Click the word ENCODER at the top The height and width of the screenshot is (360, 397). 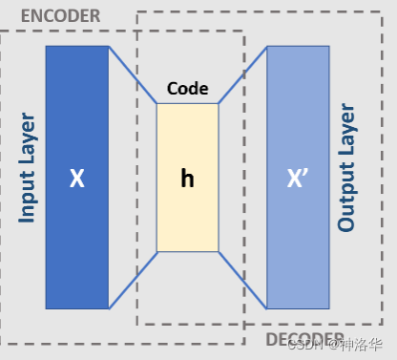point(60,15)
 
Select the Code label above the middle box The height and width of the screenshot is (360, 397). point(188,89)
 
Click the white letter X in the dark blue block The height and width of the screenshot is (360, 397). point(77,179)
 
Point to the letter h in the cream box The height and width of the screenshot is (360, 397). point(187,179)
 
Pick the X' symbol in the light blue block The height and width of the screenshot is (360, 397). point(298,179)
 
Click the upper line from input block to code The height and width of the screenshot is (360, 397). point(134,75)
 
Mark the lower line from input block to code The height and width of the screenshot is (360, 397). point(134,280)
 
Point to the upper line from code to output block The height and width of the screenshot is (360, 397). point(242,75)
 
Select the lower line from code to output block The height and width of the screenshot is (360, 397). point(242,280)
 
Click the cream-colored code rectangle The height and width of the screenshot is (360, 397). point(187,220)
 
